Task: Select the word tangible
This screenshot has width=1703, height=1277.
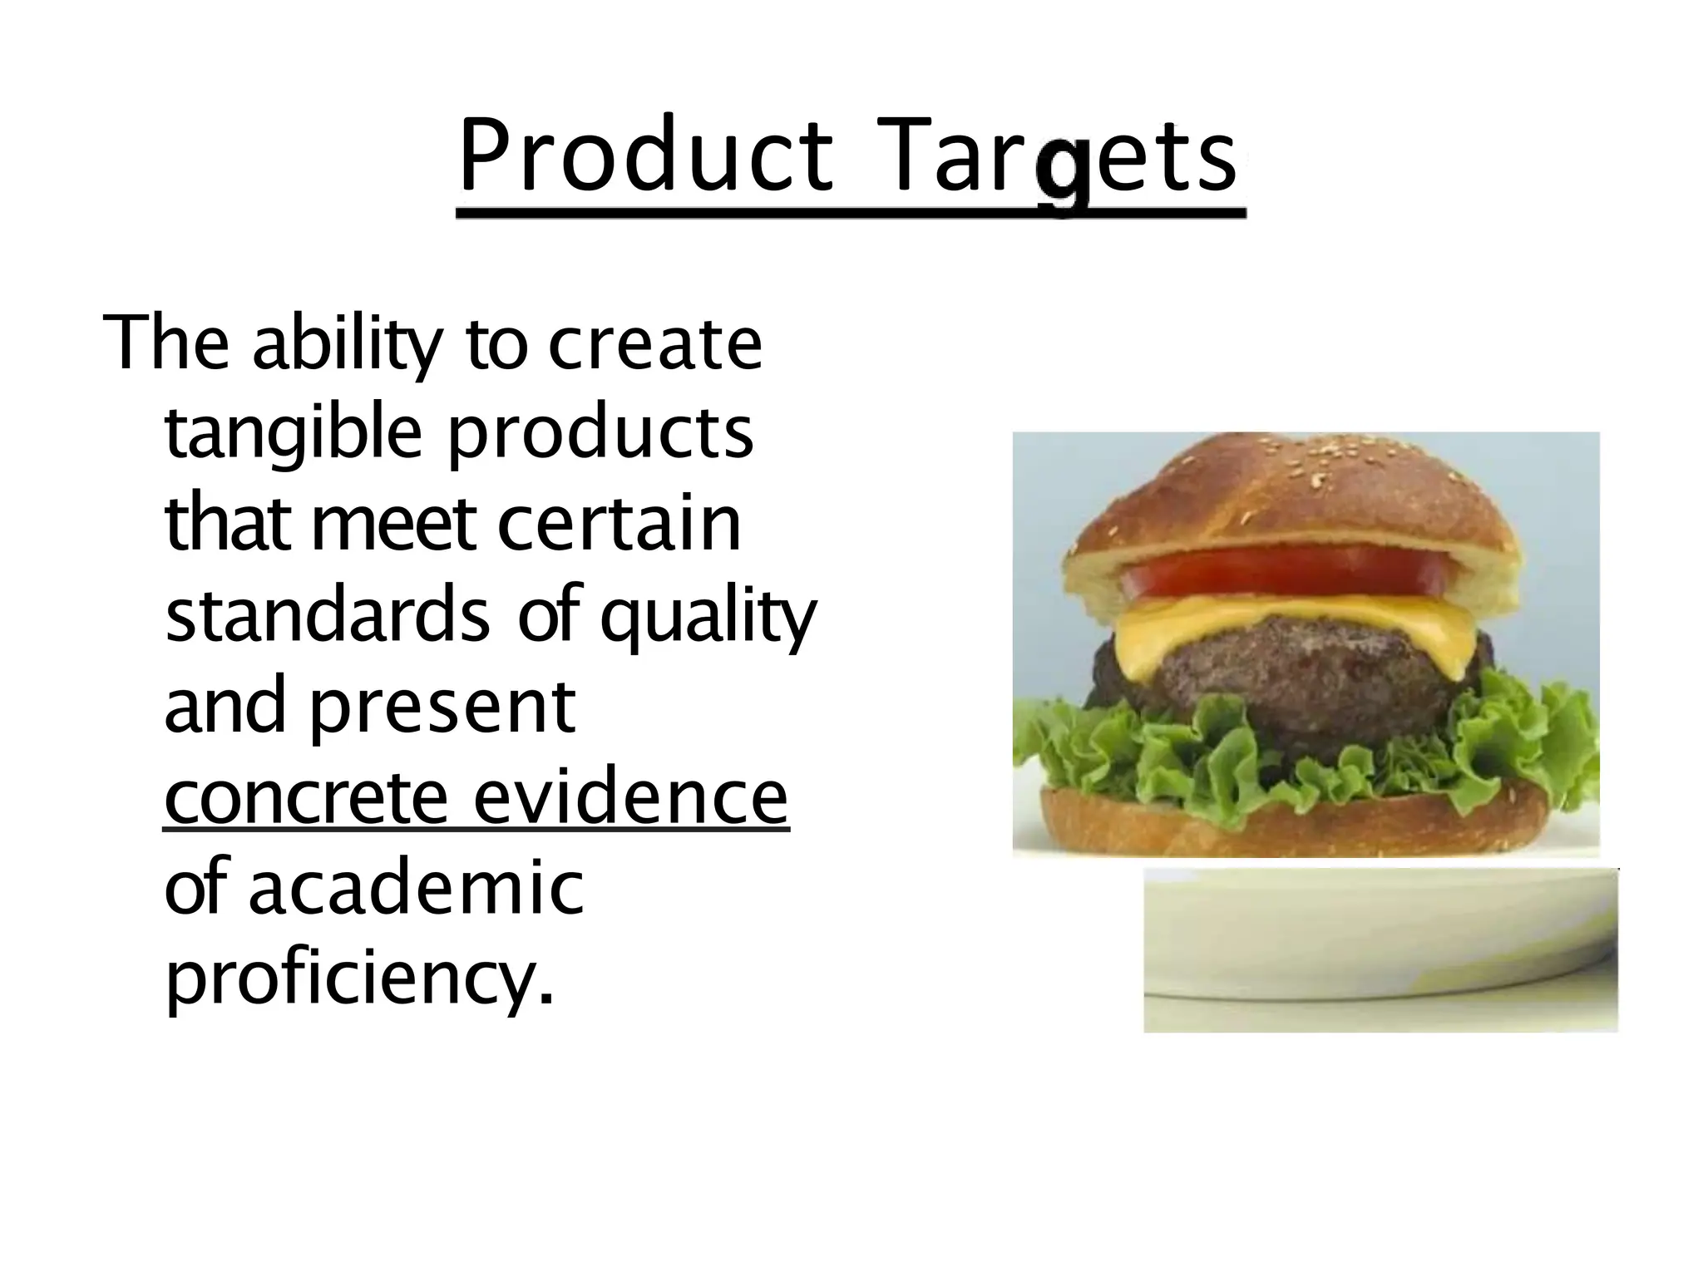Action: point(294,436)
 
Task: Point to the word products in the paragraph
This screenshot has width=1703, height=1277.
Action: point(600,436)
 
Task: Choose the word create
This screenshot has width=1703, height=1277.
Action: point(654,343)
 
